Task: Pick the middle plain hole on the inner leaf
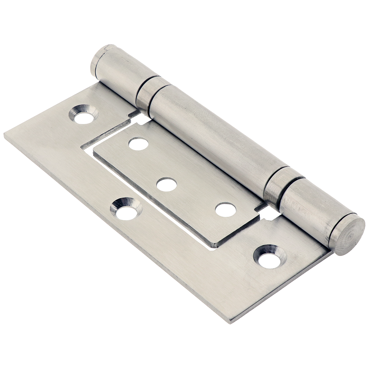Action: (x=166, y=184)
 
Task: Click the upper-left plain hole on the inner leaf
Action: (x=138, y=144)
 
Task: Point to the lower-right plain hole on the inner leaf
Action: (x=225, y=209)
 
